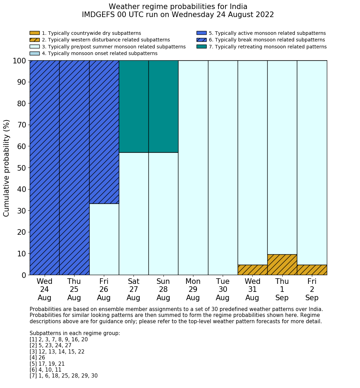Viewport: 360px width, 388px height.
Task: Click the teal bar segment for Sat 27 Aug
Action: [x=133, y=106]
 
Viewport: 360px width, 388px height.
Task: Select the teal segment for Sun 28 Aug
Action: [x=163, y=106]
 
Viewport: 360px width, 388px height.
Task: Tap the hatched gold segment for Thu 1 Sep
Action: [x=282, y=265]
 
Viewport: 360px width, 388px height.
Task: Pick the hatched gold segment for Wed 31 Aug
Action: [x=252, y=270]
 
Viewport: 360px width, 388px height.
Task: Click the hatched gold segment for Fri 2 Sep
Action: [x=312, y=270]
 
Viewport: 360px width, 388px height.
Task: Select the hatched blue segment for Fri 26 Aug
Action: [x=104, y=132]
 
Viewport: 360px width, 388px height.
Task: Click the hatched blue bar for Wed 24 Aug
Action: [x=44, y=168]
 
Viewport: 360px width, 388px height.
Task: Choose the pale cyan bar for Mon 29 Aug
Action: [x=193, y=168]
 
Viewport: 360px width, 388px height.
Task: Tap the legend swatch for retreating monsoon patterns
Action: [x=201, y=47]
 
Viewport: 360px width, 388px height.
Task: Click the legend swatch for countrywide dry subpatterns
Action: [x=35, y=33]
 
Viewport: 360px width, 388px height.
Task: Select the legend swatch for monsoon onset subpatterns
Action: [x=35, y=53]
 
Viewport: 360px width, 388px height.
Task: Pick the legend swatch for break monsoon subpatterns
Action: [x=201, y=40]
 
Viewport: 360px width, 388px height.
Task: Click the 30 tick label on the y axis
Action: [x=21, y=211]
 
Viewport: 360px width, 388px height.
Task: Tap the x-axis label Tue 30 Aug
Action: [x=223, y=289]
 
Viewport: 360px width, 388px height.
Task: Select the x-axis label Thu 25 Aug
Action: [x=74, y=289]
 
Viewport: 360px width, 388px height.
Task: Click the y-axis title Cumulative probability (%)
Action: [x=7, y=168]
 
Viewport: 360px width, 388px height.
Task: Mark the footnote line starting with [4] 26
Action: [x=37, y=358]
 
